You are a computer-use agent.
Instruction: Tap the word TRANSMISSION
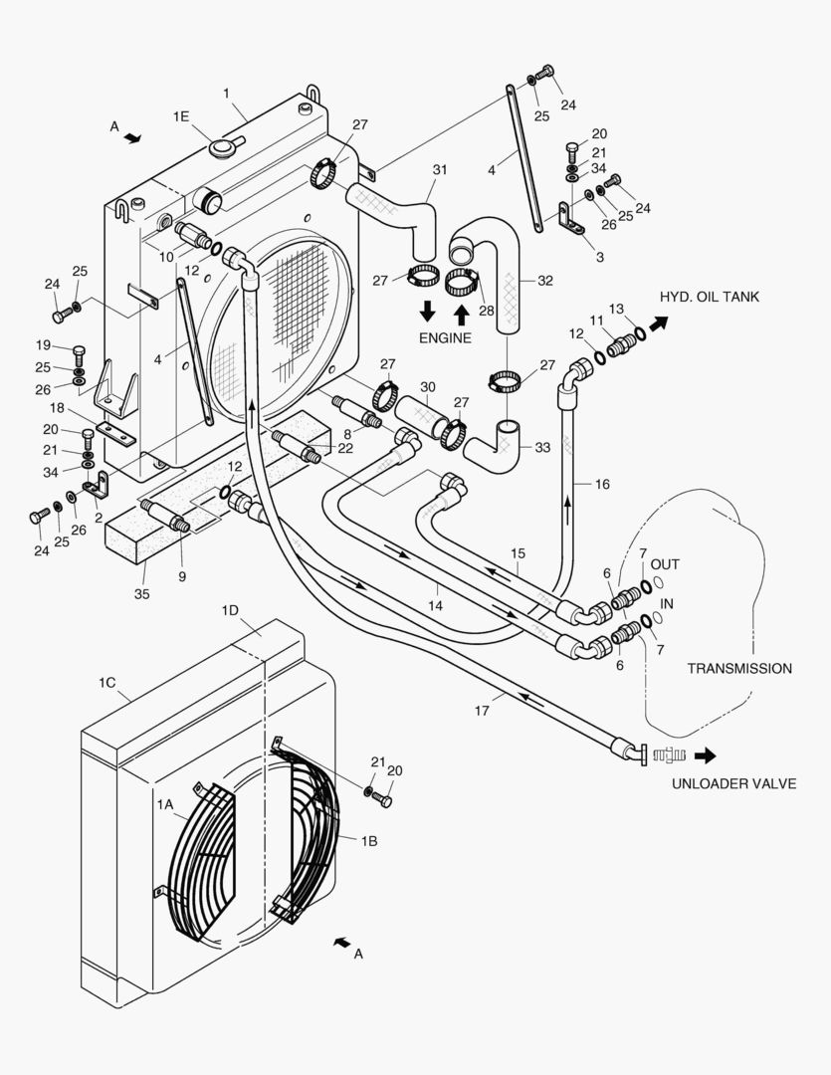point(739,669)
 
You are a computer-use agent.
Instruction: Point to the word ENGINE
point(446,338)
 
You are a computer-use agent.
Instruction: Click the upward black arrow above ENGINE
point(462,314)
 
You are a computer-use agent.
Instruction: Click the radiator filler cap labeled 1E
point(221,148)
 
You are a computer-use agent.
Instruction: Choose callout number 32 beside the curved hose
point(544,281)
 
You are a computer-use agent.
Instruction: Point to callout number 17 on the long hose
point(483,710)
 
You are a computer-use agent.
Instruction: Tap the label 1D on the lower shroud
point(230,608)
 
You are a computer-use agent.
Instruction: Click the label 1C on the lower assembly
point(108,682)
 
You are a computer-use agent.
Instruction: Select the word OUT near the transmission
point(665,564)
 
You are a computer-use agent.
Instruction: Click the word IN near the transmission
point(668,604)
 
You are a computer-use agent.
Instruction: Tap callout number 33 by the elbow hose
point(541,448)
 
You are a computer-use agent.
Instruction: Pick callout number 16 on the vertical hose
point(602,484)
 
